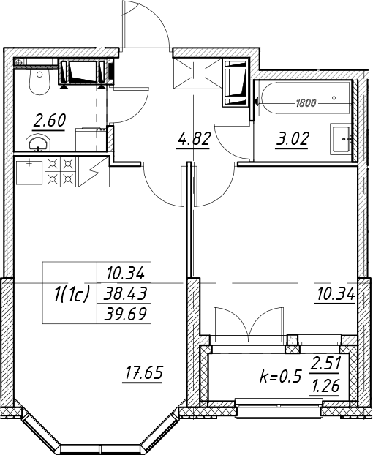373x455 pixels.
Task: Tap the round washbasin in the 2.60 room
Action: click(x=38, y=143)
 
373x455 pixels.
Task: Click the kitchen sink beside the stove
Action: click(x=29, y=172)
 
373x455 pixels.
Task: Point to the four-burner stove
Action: click(x=60, y=172)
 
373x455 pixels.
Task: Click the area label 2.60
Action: click(x=49, y=121)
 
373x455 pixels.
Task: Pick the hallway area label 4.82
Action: click(x=192, y=139)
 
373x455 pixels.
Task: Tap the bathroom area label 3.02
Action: click(x=293, y=139)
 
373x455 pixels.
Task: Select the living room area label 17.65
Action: click(x=143, y=374)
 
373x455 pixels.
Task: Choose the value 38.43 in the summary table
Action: click(x=125, y=293)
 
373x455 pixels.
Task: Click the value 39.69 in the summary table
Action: click(x=125, y=313)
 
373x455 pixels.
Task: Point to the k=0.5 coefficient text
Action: click(x=280, y=377)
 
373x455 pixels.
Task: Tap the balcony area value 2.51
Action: click(x=325, y=364)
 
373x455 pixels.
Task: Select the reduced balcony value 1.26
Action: click(x=325, y=386)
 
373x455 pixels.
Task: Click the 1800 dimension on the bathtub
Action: click(x=306, y=103)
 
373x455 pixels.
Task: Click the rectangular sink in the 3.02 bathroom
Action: click(x=342, y=139)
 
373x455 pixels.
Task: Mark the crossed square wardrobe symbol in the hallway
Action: click(x=197, y=73)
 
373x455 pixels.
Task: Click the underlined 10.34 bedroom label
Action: click(x=336, y=296)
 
